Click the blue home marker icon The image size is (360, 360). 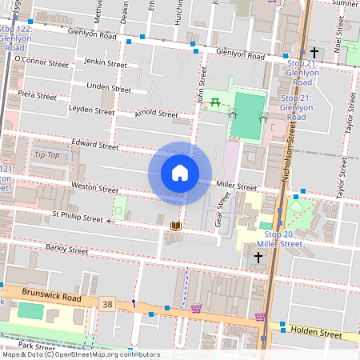180,173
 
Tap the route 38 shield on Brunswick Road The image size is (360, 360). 108,304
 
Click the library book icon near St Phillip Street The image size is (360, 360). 176,227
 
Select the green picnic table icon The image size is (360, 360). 215,102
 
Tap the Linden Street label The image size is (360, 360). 109,88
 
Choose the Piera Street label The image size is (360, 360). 37,95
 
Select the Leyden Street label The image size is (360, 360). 92,110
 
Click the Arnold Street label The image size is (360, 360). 156,114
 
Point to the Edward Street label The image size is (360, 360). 94,146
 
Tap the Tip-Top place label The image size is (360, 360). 46,154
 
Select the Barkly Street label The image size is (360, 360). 66,250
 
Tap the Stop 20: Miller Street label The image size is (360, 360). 282,238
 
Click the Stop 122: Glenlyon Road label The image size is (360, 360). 16,38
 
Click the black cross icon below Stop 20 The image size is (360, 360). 258,257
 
